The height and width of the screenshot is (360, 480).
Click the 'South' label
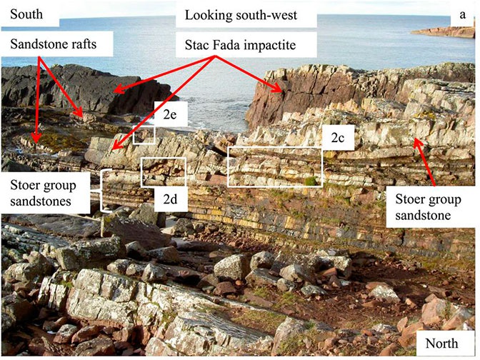[x=26, y=14]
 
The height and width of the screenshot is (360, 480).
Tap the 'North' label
[x=441, y=344]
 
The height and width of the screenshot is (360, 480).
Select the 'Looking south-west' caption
[x=241, y=15]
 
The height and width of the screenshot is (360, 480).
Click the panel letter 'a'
[x=463, y=15]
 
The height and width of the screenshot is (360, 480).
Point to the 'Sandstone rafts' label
[x=54, y=44]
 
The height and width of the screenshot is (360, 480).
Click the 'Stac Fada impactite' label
[x=240, y=45]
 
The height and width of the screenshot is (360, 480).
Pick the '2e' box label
[x=170, y=114]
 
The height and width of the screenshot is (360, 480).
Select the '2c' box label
[x=337, y=138]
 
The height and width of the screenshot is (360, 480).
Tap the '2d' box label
[x=170, y=199]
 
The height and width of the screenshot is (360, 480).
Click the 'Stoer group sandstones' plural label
[x=43, y=193]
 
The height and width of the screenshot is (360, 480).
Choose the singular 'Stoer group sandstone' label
[x=428, y=207]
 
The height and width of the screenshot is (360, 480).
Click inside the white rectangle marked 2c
[x=274, y=167]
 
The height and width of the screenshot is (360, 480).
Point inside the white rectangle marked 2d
[x=163, y=172]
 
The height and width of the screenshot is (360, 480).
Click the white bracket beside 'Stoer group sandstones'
[x=101, y=191]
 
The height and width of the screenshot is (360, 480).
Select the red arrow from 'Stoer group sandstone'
[x=424, y=162]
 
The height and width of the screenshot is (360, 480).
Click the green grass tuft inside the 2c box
[x=311, y=181]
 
